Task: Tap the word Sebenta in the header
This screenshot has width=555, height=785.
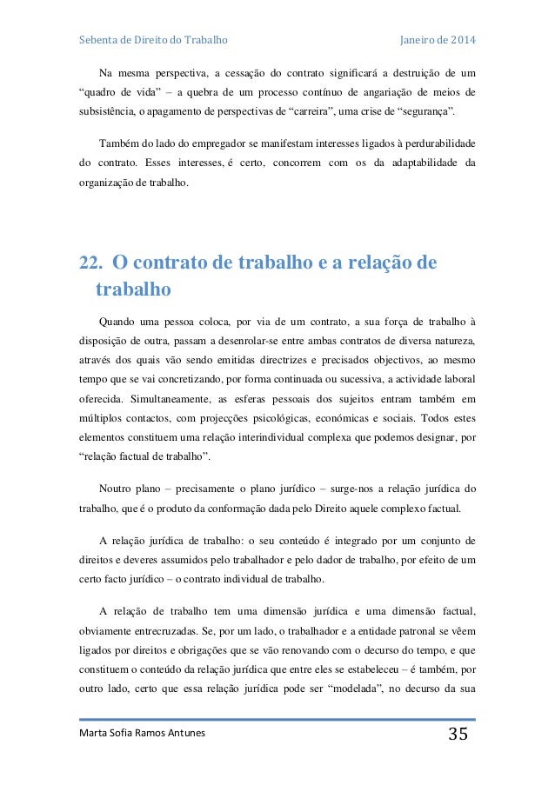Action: (x=98, y=41)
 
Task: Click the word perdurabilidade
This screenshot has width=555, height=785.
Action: (x=439, y=143)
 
